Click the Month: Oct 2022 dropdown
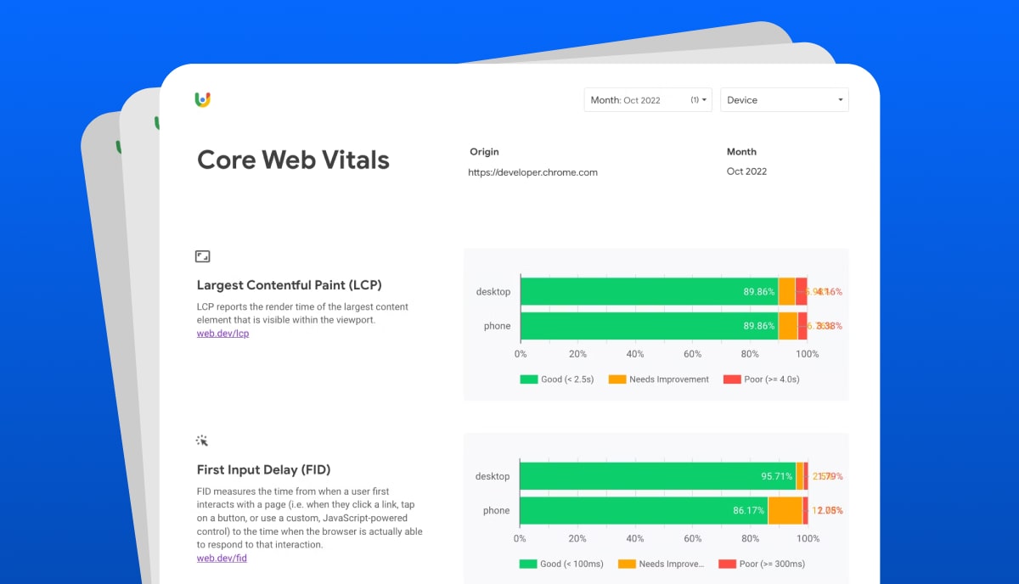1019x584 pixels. point(647,100)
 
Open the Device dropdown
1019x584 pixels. point(784,100)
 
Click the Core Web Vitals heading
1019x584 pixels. point(293,160)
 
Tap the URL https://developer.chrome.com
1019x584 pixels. point(532,172)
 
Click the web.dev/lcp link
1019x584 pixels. point(222,334)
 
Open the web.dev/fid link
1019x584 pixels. point(222,558)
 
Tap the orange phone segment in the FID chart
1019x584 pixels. point(785,510)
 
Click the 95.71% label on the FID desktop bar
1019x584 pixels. point(776,476)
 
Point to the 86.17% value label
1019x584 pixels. point(747,510)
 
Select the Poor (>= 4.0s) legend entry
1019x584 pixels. point(762,379)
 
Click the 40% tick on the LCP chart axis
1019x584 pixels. point(635,354)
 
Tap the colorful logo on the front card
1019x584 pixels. point(202,99)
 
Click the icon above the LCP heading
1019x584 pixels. point(202,255)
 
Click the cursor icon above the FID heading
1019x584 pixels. point(202,441)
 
